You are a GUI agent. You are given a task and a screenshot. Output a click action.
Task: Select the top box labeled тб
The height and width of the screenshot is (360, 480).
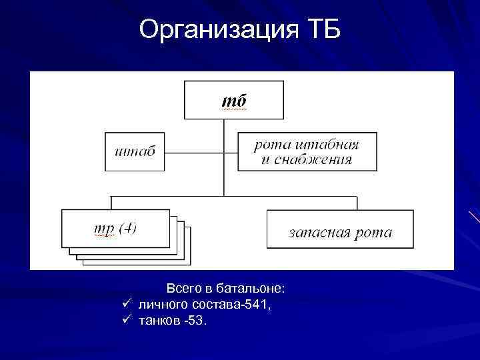pyautogui.click(x=233, y=100)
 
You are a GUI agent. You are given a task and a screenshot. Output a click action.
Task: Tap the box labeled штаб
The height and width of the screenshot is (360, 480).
pyautogui.click(x=135, y=151)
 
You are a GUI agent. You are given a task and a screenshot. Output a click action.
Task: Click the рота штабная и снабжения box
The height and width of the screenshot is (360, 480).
pyautogui.click(x=307, y=151)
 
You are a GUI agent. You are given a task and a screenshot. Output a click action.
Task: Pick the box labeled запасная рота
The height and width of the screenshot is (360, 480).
pyautogui.click(x=340, y=229)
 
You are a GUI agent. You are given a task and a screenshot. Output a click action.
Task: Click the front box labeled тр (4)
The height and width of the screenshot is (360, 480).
pyautogui.click(x=115, y=228)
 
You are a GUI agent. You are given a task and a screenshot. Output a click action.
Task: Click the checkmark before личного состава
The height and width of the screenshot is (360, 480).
pyautogui.click(x=126, y=305)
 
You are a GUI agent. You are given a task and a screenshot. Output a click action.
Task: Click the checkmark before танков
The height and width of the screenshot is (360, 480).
pyautogui.click(x=126, y=321)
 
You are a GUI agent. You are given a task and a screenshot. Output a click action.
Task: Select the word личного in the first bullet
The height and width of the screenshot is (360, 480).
pyautogui.click(x=163, y=305)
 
